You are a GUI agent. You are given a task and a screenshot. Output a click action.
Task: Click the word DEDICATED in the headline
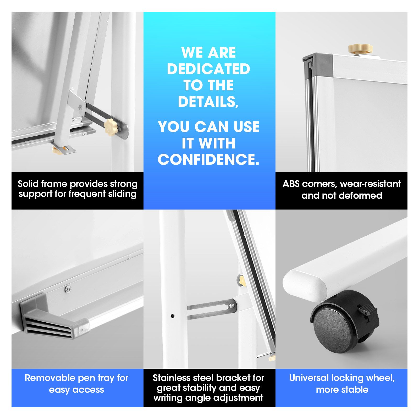click(x=208, y=69)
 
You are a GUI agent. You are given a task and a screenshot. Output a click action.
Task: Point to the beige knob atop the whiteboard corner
click(x=360, y=49)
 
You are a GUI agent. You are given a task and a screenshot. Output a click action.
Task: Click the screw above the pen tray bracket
click(x=68, y=289)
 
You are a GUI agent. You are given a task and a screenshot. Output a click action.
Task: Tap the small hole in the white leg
click(x=173, y=316)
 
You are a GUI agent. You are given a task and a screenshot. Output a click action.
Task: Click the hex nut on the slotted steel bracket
click(x=231, y=306)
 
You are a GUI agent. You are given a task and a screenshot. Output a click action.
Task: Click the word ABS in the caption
click(x=291, y=184)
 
